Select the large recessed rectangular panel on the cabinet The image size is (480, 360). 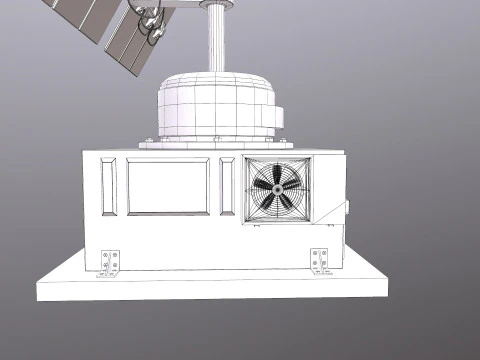coord(169,187)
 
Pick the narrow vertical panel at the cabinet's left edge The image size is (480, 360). coord(107,187)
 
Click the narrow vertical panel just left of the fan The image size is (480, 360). coord(228,187)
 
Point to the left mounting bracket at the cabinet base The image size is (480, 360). coord(110,262)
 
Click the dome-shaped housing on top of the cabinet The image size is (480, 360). coord(215,105)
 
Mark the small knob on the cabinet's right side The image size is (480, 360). coord(348,208)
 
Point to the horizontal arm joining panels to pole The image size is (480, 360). coord(190,5)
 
